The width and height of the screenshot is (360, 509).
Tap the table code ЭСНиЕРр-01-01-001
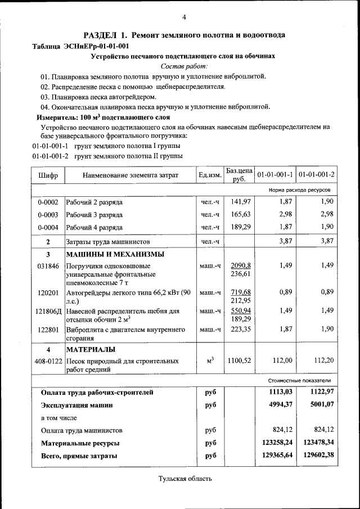(x=98, y=46)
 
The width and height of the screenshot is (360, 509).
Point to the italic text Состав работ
(x=184, y=66)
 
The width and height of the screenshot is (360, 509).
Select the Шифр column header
(x=48, y=175)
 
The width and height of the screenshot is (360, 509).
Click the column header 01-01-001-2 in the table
(x=316, y=175)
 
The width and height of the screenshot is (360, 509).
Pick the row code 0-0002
(x=48, y=202)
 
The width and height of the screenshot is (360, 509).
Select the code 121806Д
(x=48, y=310)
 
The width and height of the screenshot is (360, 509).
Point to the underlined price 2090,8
(x=240, y=265)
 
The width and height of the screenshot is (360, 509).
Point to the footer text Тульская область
(x=184, y=479)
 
